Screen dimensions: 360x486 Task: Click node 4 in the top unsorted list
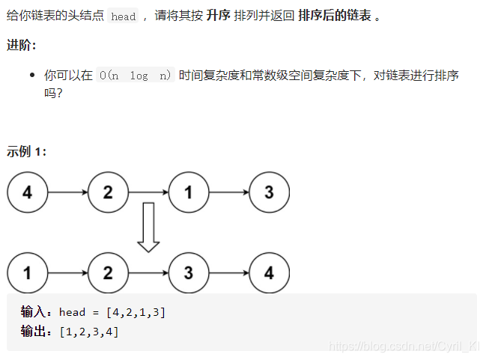(x=28, y=192)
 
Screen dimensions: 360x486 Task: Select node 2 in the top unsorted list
(x=108, y=192)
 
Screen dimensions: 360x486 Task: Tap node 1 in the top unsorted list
(x=188, y=192)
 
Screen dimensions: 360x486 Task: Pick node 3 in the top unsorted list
(x=269, y=192)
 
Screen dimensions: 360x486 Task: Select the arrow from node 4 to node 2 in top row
(x=67, y=192)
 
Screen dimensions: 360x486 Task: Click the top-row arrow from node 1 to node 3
(x=228, y=192)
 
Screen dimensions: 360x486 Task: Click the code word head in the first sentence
(x=123, y=16)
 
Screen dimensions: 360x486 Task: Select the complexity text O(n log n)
(x=135, y=75)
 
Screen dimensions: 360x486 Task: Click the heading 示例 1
(x=26, y=151)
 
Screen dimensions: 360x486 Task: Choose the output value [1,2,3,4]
(x=89, y=331)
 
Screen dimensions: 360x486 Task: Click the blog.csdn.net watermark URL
(x=404, y=347)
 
